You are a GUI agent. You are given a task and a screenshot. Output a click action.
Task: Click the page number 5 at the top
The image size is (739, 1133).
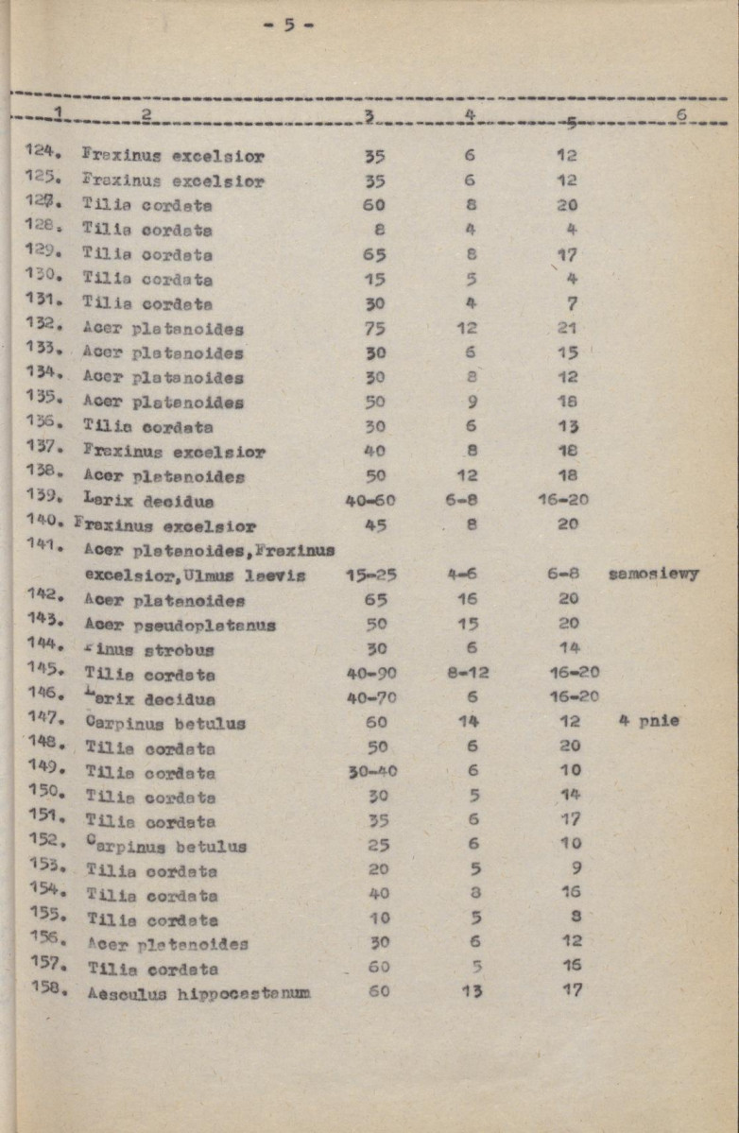(x=289, y=26)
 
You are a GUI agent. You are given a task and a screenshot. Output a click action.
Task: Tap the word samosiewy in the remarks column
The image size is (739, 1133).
(x=654, y=574)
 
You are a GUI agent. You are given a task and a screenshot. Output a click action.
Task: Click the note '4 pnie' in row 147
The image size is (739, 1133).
(x=650, y=722)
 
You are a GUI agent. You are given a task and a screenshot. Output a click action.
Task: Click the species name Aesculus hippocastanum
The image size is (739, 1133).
(x=198, y=993)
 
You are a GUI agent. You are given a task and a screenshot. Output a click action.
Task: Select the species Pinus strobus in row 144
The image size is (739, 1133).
(x=150, y=649)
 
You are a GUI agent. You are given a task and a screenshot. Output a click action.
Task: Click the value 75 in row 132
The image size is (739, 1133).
(x=373, y=328)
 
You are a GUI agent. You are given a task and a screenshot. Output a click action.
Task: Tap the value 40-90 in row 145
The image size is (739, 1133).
(x=371, y=673)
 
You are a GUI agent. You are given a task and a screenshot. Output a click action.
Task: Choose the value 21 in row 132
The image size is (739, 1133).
(x=567, y=328)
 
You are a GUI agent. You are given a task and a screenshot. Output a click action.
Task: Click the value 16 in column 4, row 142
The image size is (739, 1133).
(x=470, y=598)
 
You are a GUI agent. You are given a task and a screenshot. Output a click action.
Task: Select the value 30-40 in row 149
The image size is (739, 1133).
(x=372, y=771)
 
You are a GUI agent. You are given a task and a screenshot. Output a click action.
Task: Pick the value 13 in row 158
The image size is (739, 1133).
(x=473, y=990)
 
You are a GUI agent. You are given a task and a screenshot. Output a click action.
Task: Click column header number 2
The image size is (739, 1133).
(x=146, y=115)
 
